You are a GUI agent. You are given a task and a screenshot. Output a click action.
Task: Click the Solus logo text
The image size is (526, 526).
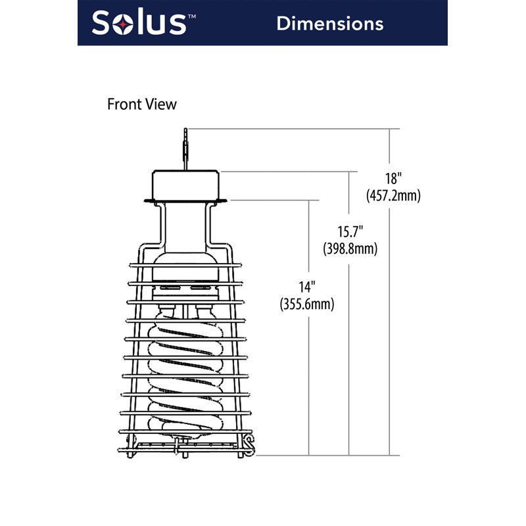click(138, 22)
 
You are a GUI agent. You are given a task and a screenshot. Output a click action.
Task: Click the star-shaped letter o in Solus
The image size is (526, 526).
click(122, 24)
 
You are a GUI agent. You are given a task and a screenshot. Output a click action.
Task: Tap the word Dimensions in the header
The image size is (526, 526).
click(329, 23)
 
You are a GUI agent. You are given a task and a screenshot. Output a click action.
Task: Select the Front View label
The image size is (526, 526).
click(142, 104)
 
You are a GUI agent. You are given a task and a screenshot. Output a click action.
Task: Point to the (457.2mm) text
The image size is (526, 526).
click(393, 195)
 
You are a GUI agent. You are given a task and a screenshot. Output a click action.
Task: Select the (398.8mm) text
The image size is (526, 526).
click(350, 249)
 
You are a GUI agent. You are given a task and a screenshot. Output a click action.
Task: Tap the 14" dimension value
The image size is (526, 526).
click(307, 287)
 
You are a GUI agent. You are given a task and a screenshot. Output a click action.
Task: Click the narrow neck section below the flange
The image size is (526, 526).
click(186, 224)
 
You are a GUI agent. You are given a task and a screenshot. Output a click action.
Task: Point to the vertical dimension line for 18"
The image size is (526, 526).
click(391, 329)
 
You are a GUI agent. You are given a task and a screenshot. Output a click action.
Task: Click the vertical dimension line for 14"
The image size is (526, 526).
click(309, 381)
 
